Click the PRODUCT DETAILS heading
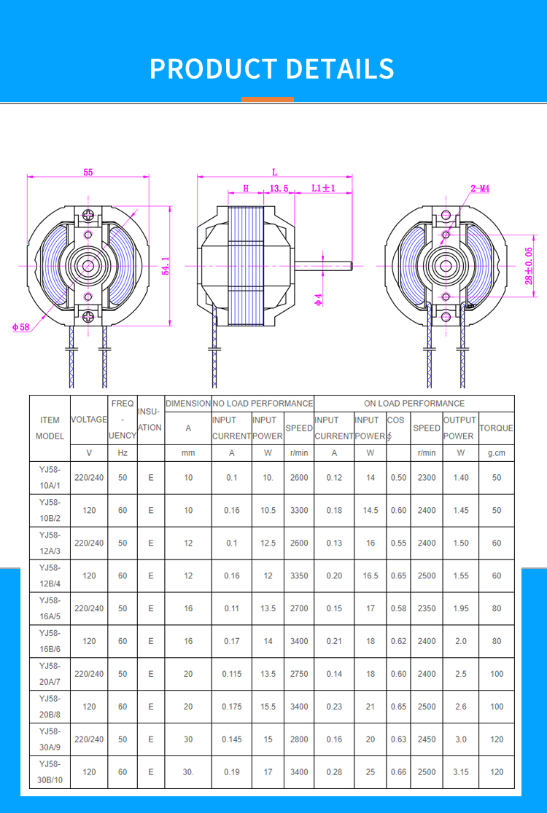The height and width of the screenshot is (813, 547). pyautogui.click(x=272, y=68)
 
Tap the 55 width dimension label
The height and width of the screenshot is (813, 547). pyautogui.click(x=88, y=173)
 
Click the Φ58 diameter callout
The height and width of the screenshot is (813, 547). pyautogui.click(x=21, y=327)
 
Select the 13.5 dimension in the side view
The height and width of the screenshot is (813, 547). pyautogui.click(x=279, y=188)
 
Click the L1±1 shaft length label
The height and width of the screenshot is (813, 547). pyautogui.click(x=323, y=188)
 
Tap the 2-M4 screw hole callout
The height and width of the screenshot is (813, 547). pyautogui.click(x=480, y=188)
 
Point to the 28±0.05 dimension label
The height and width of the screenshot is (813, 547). pyautogui.click(x=529, y=265)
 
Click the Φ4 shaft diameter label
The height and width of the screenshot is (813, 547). pyautogui.click(x=318, y=299)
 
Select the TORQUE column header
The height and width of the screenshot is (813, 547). pyautogui.click(x=496, y=428)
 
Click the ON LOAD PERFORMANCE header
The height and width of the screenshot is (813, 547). pyautogui.click(x=414, y=403)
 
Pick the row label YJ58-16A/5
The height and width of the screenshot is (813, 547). pyautogui.click(x=50, y=608)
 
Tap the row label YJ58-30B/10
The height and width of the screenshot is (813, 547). pyautogui.click(x=50, y=772)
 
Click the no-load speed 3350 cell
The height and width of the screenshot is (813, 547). pyautogui.click(x=299, y=576)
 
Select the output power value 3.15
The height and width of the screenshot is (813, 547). pyautogui.click(x=461, y=772)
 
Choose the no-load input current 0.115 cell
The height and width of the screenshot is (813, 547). pyautogui.click(x=232, y=674)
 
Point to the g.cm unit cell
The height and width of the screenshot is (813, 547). pyautogui.click(x=496, y=452)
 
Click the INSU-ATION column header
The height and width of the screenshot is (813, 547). pyautogui.click(x=150, y=420)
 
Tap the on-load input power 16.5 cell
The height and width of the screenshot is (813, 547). pyautogui.click(x=371, y=576)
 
